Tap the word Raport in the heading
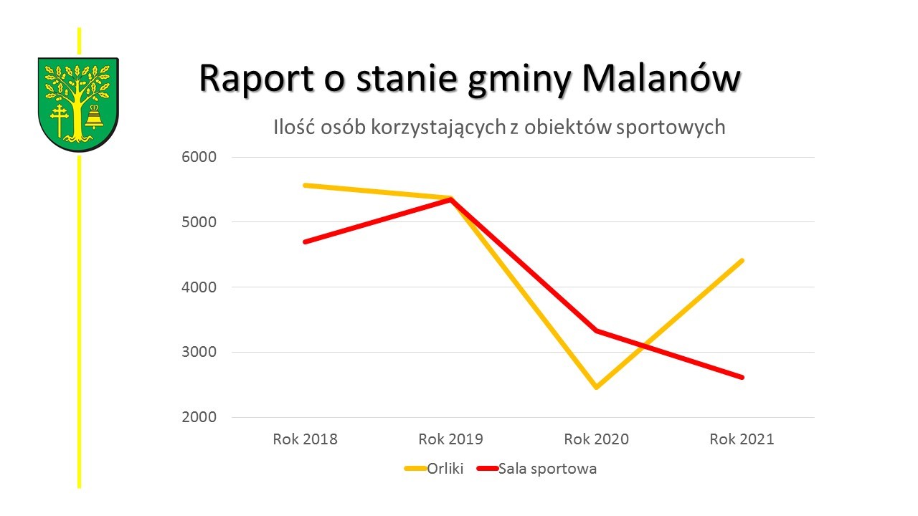pos(256,77)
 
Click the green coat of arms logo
pos(78,103)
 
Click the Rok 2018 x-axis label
pos(305,439)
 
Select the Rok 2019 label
pos(450,439)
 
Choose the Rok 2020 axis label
pos(596,439)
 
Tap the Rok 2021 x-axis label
pos(742,439)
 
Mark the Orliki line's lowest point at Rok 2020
pos(596,387)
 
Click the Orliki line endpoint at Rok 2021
pos(742,261)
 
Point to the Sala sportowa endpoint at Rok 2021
pos(742,377)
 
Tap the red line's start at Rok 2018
pos(305,242)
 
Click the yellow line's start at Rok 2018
pos(305,185)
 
